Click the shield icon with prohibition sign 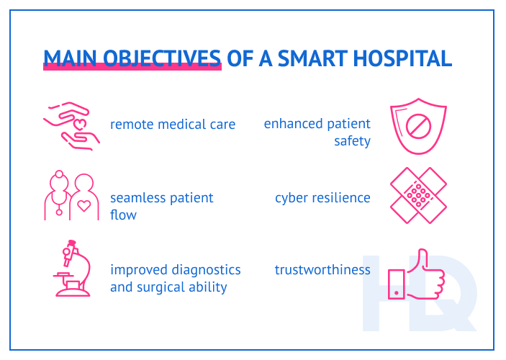click(x=417, y=128)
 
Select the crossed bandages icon click(x=417, y=196)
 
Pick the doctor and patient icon click(x=71, y=197)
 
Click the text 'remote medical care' click(x=173, y=125)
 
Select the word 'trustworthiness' click(x=322, y=270)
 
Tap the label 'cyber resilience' click(x=322, y=197)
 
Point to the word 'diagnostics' click(x=206, y=270)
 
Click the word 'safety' click(x=352, y=141)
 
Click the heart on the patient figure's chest click(x=84, y=206)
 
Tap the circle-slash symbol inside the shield click(x=417, y=127)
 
